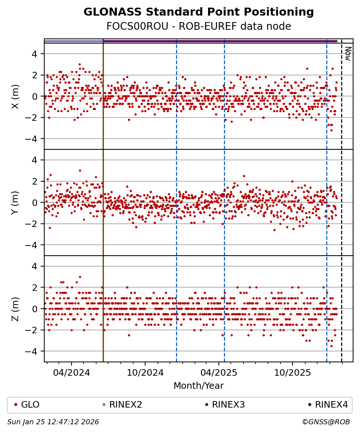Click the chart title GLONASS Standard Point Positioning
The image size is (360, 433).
(x=199, y=12)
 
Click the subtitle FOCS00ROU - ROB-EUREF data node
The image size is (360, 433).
(x=199, y=26)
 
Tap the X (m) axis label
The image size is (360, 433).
(x=15, y=96)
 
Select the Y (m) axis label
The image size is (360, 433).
(x=15, y=202)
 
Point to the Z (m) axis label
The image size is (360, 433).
(x=15, y=309)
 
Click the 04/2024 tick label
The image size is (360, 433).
(x=71, y=372)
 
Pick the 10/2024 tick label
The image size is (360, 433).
(x=145, y=372)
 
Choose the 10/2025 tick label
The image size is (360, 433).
(x=292, y=372)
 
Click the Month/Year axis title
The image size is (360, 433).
(x=199, y=385)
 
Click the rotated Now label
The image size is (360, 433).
(x=347, y=53)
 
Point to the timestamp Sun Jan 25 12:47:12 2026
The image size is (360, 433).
(x=53, y=422)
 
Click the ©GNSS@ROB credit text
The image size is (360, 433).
(x=326, y=422)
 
